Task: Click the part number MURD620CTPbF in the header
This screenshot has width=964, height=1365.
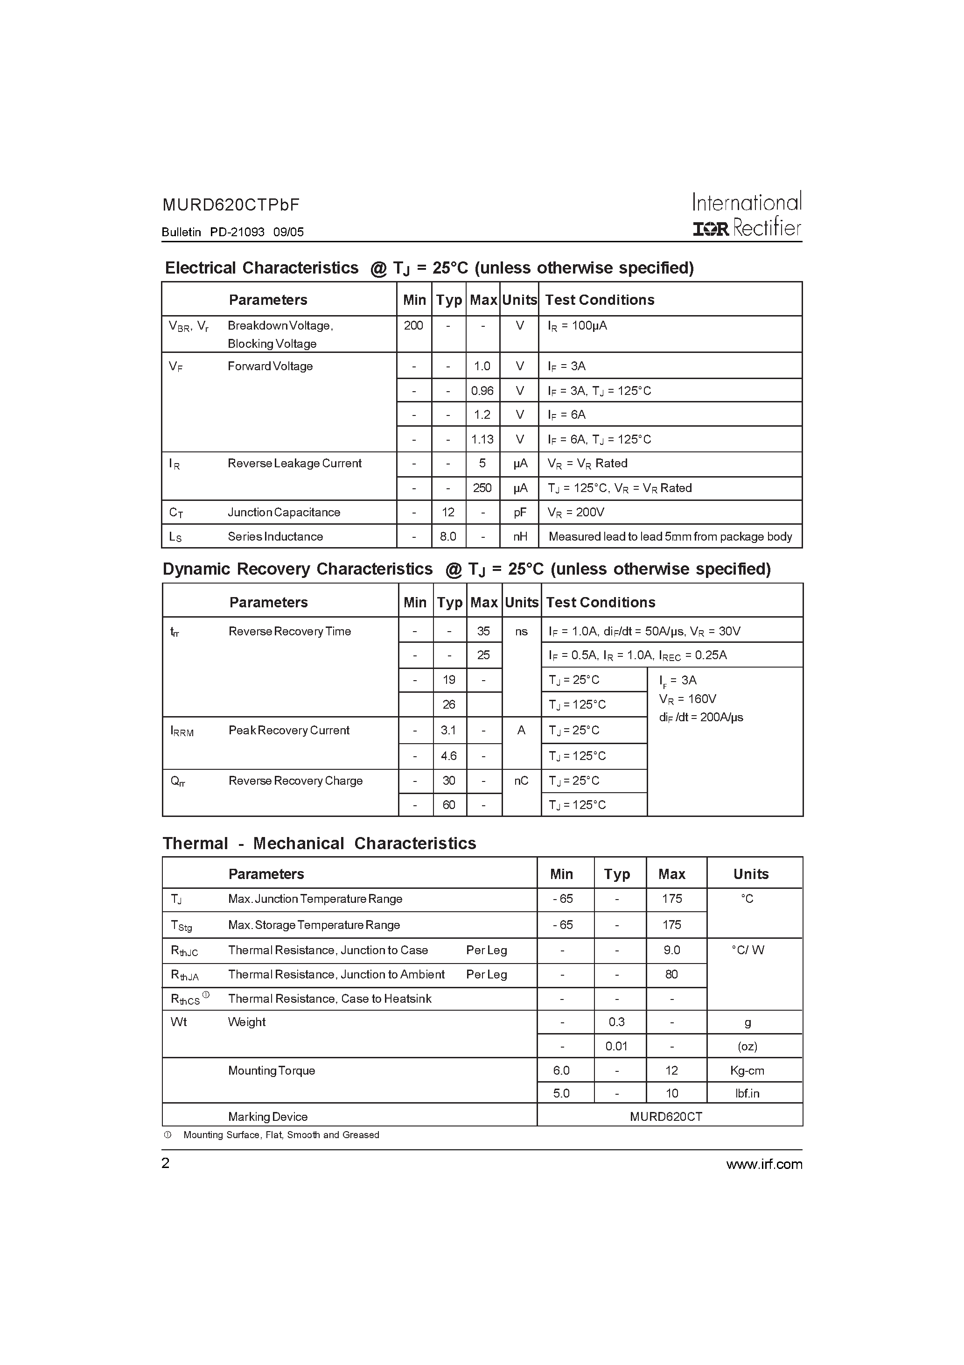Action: pos(231,205)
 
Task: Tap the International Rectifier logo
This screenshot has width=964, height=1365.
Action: pos(747,215)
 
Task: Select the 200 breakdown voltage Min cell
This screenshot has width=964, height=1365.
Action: pos(414,326)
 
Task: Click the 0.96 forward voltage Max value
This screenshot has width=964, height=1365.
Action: pos(482,391)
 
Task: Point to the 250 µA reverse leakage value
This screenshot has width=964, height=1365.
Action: pos(482,488)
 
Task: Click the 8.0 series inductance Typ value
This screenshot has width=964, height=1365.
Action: pos(448,536)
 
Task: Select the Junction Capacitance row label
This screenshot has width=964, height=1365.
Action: pos(284,513)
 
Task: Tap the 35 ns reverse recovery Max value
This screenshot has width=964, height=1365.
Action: pos(483,631)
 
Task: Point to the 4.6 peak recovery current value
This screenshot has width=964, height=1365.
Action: pos(449,756)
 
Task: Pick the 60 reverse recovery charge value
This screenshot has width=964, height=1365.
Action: pos(449,805)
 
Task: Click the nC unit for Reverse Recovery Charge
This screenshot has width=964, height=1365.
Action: pos(521,781)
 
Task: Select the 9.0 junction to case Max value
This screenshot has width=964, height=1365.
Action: pos(671,950)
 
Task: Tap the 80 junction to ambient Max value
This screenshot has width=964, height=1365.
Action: pos(671,974)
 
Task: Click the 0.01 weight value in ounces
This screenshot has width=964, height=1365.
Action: pos(616,1046)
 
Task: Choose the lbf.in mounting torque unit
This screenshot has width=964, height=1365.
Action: pos(747,1093)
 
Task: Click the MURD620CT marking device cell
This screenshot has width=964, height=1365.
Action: pos(666,1117)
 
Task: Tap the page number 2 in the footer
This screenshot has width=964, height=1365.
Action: pos(166,1163)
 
